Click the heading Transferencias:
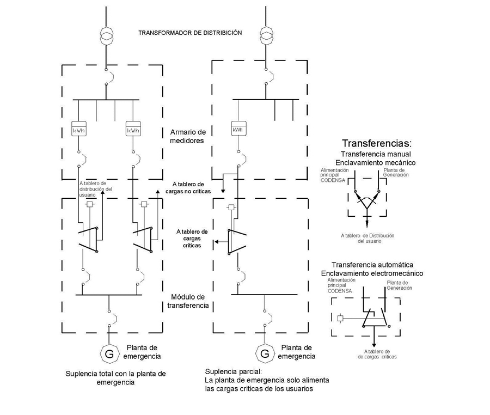click(x=376, y=144)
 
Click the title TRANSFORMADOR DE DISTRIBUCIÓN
click(x=190, y=33)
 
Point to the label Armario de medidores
click(x=188, y=137)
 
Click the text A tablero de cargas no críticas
click(x=188, y=188)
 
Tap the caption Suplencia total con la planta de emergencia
click(x=115, y=378)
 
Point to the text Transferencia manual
click(x=375, y=155)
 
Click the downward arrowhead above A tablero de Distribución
click(x=366, y=224)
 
